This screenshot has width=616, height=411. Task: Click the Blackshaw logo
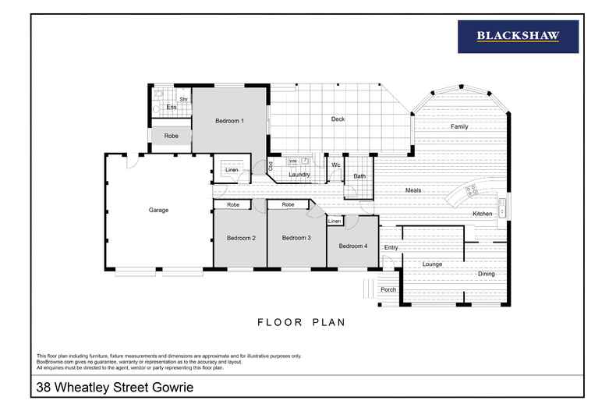[518, 36]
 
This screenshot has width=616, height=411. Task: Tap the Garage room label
[159, 210]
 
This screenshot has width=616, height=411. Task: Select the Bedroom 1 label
[230, 121]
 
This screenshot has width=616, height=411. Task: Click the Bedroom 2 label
[242, 238]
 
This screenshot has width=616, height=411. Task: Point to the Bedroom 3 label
[296, 238]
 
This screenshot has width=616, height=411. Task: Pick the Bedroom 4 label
[352, 246]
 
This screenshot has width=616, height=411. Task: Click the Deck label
[338, 119]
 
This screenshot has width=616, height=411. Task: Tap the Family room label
[459, 126]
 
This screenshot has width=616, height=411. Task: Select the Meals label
[413, 190]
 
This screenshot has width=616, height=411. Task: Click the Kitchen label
[482, 214]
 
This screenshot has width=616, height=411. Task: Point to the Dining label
[486, 274]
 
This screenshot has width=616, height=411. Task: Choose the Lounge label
[432, 264]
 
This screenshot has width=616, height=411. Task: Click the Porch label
[388, 290]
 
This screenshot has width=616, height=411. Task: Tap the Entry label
[391, 248]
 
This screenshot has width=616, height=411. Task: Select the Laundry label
[299, 175]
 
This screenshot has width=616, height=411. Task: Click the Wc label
[336, 165]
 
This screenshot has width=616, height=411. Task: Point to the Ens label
[170, 107]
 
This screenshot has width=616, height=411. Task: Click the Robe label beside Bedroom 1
[171, 136]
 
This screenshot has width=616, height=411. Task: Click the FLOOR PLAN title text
[301, 321]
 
